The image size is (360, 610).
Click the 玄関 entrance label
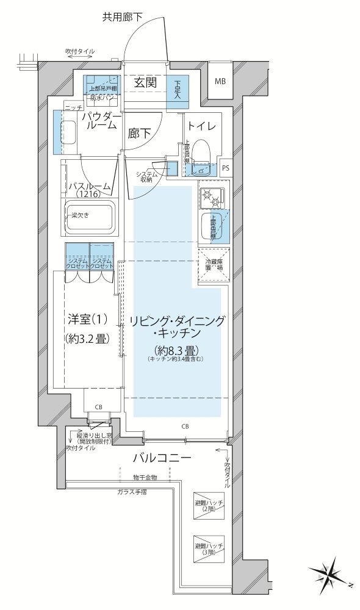[146, 82]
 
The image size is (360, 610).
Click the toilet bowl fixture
[203, 152]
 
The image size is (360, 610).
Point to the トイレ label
[201, 126]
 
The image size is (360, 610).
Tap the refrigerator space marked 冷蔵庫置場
[213, 264]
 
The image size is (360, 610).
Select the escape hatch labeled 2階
[209, 505]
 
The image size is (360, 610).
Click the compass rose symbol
[330, 574]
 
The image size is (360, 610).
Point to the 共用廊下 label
[122, 17]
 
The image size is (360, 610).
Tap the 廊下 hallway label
[139, 132]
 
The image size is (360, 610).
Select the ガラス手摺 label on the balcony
[132, 491]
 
